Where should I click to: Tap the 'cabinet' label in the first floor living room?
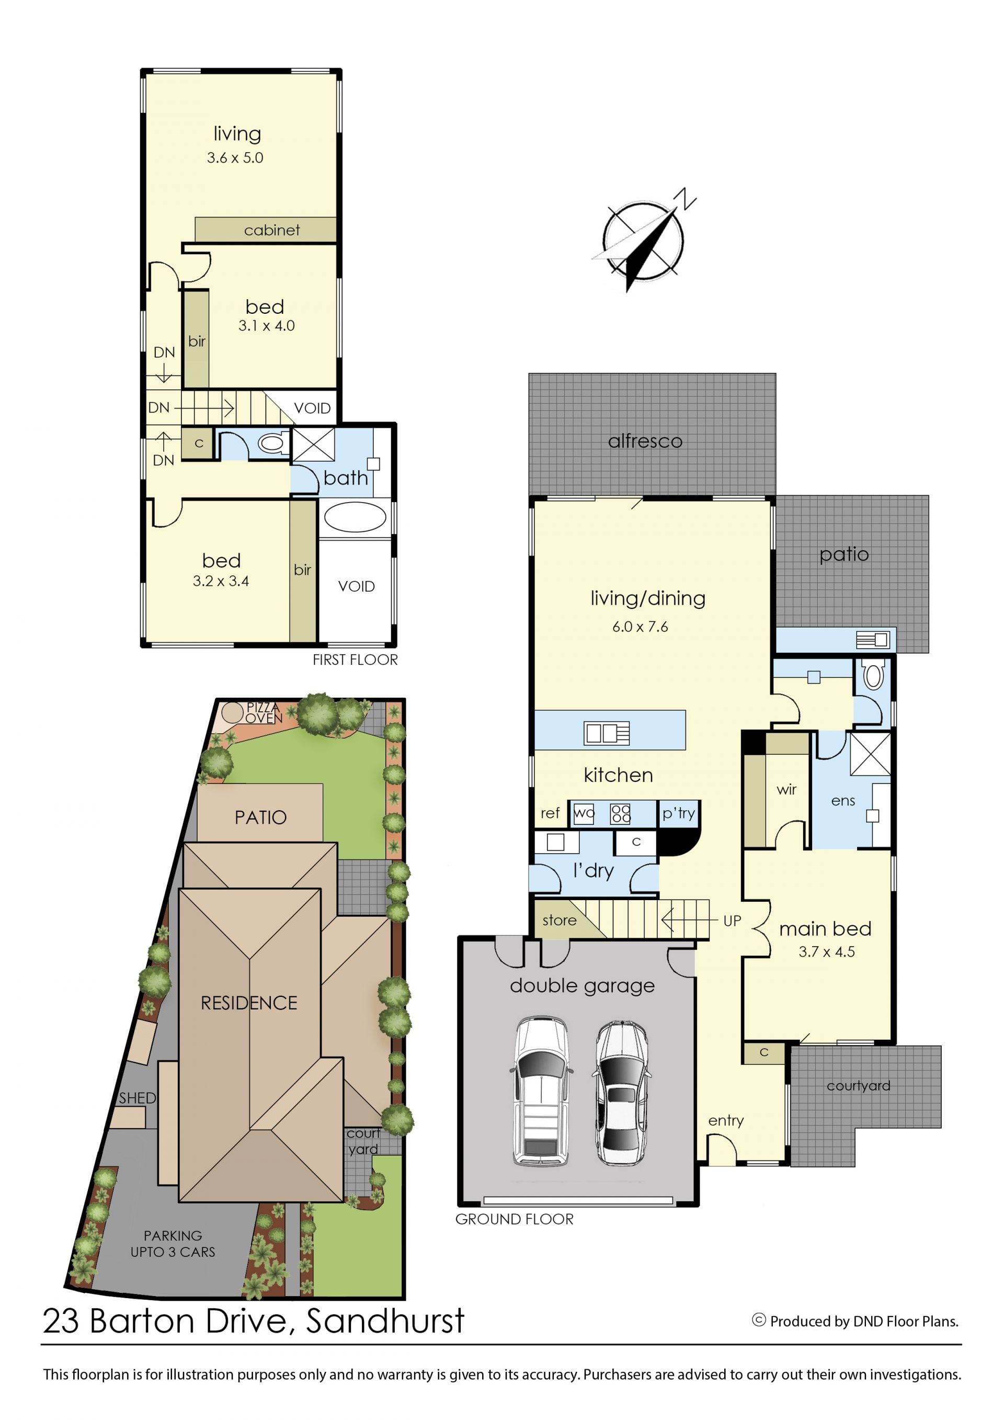(x=272, y=230)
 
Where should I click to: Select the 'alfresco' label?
(x=645, y=441)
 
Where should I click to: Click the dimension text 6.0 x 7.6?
(x=640, y=627)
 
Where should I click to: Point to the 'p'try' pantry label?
(x=679, y=814)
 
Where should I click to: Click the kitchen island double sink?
(x=607, y=733)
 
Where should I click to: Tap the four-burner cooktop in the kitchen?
(x=620, y=814)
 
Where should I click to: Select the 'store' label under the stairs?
(x=560, y=921)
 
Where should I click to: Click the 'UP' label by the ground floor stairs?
(x=732, y=921)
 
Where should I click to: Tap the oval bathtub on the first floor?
(x=355, y=517)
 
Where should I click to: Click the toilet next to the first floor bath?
(x=272, y=443)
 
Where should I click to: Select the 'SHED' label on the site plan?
(x=137, y=1098)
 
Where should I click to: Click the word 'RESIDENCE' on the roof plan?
(x=249, y=1003)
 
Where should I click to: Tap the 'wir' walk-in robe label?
(x=786, y=789)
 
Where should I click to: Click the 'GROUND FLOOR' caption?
(x=515, y=1219)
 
